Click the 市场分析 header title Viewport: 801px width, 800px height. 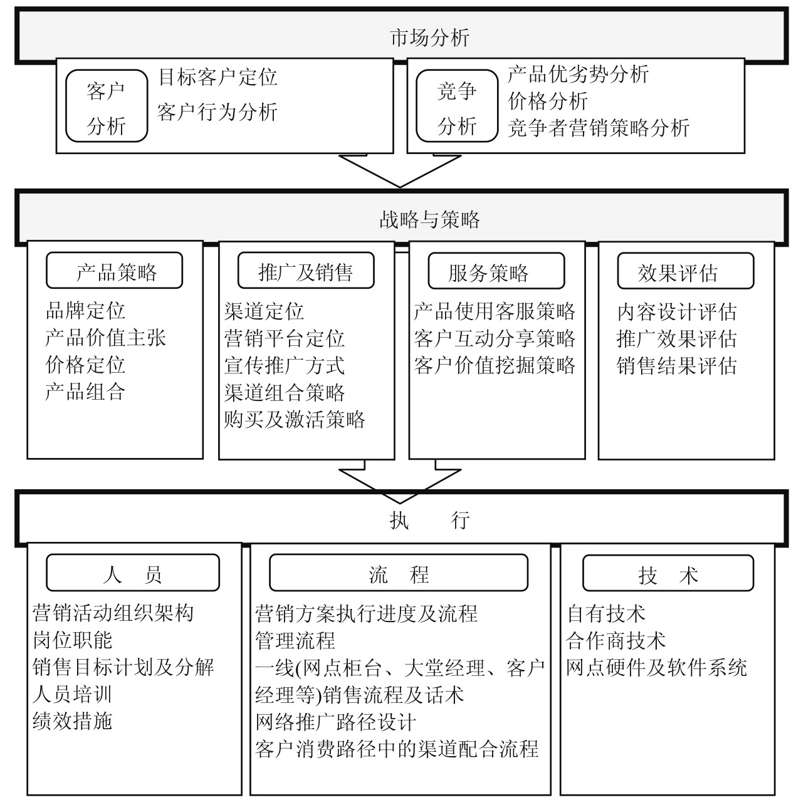point(429,38)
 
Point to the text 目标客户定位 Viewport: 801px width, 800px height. point(218,77)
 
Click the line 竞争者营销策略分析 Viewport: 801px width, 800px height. point(598,128)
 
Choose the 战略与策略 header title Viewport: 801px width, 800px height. point(429,219)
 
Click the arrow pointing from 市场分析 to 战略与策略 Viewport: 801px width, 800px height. point(400,171)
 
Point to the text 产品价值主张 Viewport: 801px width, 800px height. point(105,338)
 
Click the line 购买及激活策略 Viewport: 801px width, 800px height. point(295,419)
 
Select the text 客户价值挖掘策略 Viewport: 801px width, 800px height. point(495,365)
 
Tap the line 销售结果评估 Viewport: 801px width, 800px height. point(676,366)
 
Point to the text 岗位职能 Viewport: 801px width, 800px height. point(73,640)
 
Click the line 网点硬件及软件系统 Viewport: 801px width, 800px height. point(656,667)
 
